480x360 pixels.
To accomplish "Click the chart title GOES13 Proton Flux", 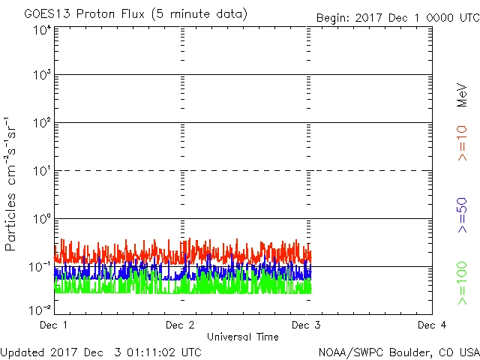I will [x=135, y=14].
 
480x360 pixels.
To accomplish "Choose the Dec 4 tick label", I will [x=432, y=325].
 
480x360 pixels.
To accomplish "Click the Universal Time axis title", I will [x=243, y=337].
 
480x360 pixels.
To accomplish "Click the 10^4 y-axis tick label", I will [x=41, y=30].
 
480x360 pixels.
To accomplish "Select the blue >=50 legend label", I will [x=462, y=215].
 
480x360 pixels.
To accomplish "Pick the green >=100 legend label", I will [x=462, y=283].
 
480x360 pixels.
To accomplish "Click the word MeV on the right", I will [x=462, y=95].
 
